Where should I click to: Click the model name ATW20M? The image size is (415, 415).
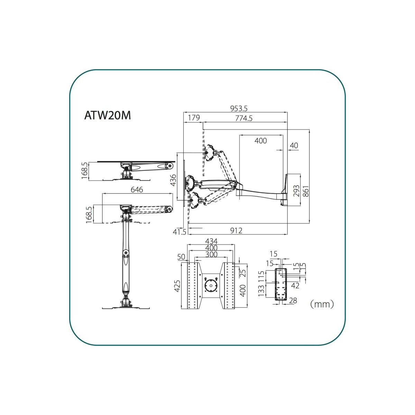(108, 116)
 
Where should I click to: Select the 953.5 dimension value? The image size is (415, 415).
(239, 108)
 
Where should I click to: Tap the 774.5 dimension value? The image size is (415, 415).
(243, 118)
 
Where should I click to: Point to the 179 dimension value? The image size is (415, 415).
(194, 118)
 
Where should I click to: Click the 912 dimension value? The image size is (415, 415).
(236, 231)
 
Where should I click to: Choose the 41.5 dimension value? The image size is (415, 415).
(179, 232)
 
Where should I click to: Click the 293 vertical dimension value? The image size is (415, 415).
(296, 191)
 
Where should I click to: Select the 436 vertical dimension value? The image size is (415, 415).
(173, 180)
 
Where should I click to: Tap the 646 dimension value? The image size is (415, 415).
(137, 190)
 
